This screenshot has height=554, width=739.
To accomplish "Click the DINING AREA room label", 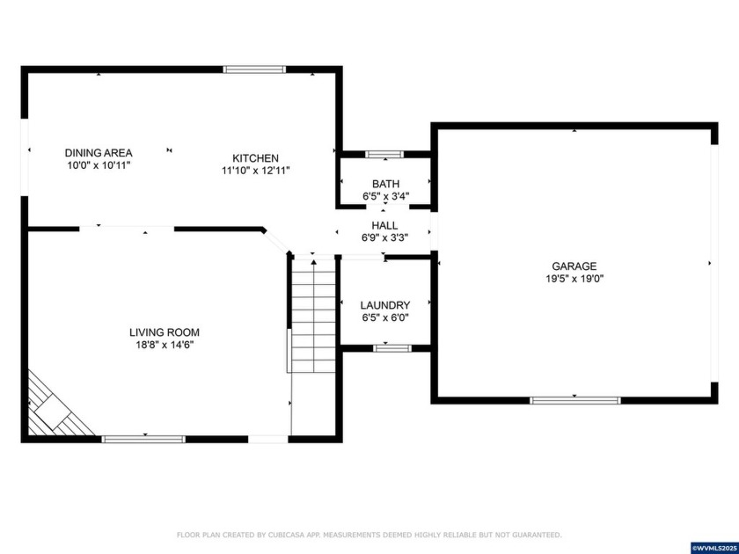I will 99,152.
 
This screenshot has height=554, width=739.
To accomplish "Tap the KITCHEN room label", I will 255,158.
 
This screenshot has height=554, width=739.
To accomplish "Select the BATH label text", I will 385,184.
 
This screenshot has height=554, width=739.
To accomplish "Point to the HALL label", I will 384,226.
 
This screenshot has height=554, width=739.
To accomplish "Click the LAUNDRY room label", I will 385,305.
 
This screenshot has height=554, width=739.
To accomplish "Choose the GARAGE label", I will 574,266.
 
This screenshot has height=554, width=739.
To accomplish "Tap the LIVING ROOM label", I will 165,332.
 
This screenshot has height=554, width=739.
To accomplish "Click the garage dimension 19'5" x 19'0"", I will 574,279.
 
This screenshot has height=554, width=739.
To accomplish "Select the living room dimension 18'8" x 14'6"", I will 165,345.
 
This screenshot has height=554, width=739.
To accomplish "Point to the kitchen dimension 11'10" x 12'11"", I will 255,171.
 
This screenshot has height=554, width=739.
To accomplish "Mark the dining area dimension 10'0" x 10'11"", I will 99,164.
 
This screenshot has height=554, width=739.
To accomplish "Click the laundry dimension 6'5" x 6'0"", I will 385,317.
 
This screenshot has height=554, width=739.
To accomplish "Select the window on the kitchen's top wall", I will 254,69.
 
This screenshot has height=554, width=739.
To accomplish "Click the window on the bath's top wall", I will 384,155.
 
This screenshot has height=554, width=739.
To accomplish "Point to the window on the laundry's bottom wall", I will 391,348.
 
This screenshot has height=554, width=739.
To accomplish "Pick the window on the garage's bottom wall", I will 574,400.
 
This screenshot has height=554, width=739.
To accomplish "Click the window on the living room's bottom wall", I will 143,439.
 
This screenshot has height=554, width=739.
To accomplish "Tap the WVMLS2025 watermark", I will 714,548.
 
